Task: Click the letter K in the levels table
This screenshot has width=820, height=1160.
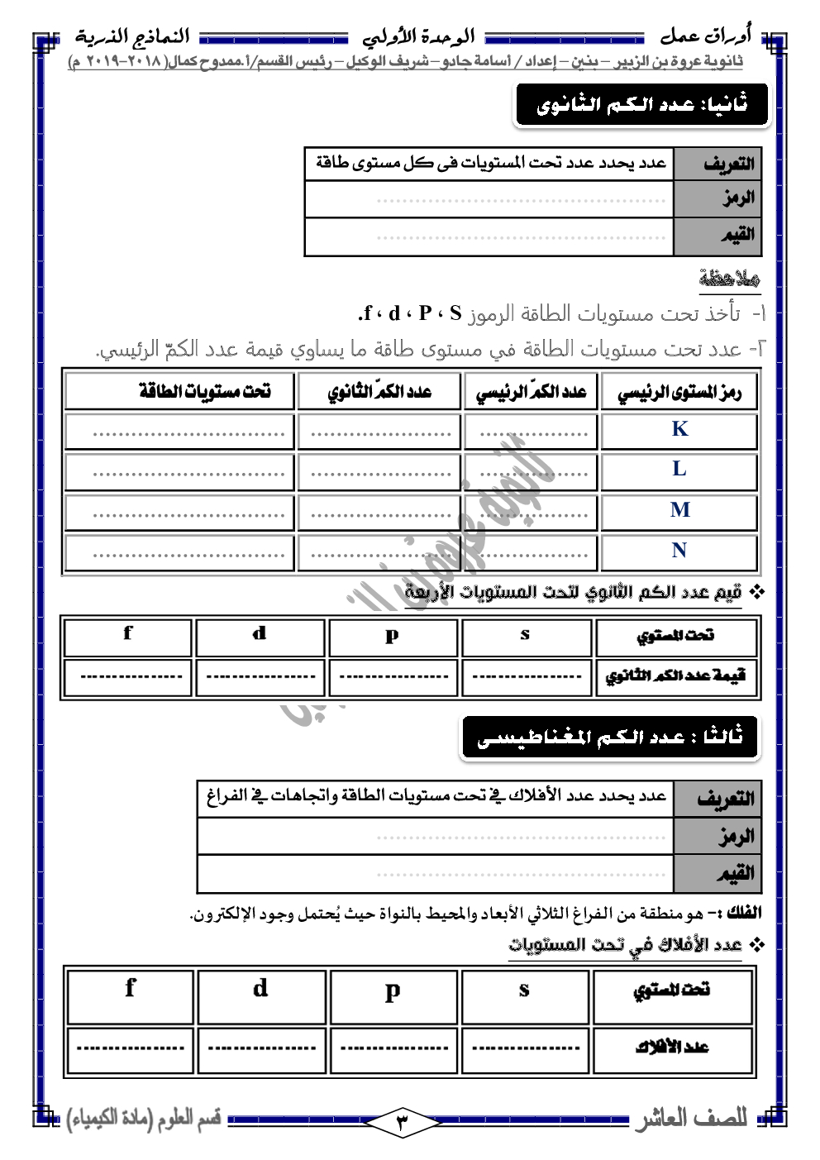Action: pos(679,429)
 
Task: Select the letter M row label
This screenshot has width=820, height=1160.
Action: pos(679,510)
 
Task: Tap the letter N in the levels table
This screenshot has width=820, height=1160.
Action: pos(679,551)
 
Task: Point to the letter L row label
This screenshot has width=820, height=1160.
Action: pos(679,470)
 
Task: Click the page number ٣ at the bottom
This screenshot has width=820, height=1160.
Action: pos(403,1122)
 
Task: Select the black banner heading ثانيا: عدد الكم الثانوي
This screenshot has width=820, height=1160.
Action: pos(641,105)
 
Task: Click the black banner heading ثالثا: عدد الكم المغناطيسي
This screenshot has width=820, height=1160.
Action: pos(610,737)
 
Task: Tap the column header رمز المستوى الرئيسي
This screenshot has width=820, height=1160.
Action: pos(679,392)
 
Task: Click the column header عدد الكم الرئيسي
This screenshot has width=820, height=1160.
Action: pos(531,392)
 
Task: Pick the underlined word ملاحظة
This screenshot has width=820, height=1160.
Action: pos(729,278)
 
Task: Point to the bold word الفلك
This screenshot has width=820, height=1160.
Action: pos(743,913)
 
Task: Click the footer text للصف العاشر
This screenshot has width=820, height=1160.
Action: pos(691,1119)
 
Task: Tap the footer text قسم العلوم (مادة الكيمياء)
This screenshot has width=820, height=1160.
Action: pos(144,1119)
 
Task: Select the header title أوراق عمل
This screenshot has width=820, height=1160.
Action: pos(705,36)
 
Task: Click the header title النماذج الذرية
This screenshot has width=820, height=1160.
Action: pos(132,36)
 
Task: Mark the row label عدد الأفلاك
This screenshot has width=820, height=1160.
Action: pos(672,1048)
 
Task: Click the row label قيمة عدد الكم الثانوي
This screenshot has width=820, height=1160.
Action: pos(675,676)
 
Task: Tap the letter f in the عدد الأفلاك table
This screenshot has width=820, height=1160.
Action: pos(130,988)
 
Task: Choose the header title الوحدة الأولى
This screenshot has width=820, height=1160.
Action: pos(418,37)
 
